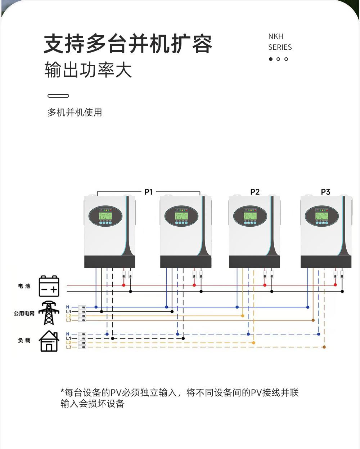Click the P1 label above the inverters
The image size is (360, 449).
coord(148,192)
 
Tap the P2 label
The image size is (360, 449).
coord(255,192)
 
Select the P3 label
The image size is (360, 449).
coord(325,192)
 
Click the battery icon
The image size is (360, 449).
coord(49,286)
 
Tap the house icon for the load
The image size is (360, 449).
coord(49,341)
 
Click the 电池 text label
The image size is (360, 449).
coord(24,286)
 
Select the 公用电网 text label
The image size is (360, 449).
coord(24,314)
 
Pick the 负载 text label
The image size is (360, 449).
coord(24,341)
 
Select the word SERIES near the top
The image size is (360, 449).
coord(280,47)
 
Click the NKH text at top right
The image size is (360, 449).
coord(276,36)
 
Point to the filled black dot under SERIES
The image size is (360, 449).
coord(271,59)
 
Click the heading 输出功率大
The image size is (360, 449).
coord(88,70)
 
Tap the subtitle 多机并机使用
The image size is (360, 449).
coord(75,112)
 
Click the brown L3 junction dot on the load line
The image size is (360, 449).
coord(324,347)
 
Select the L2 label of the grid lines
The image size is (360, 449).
coord(69,316)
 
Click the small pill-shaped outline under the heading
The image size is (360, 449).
coord(58,96)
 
